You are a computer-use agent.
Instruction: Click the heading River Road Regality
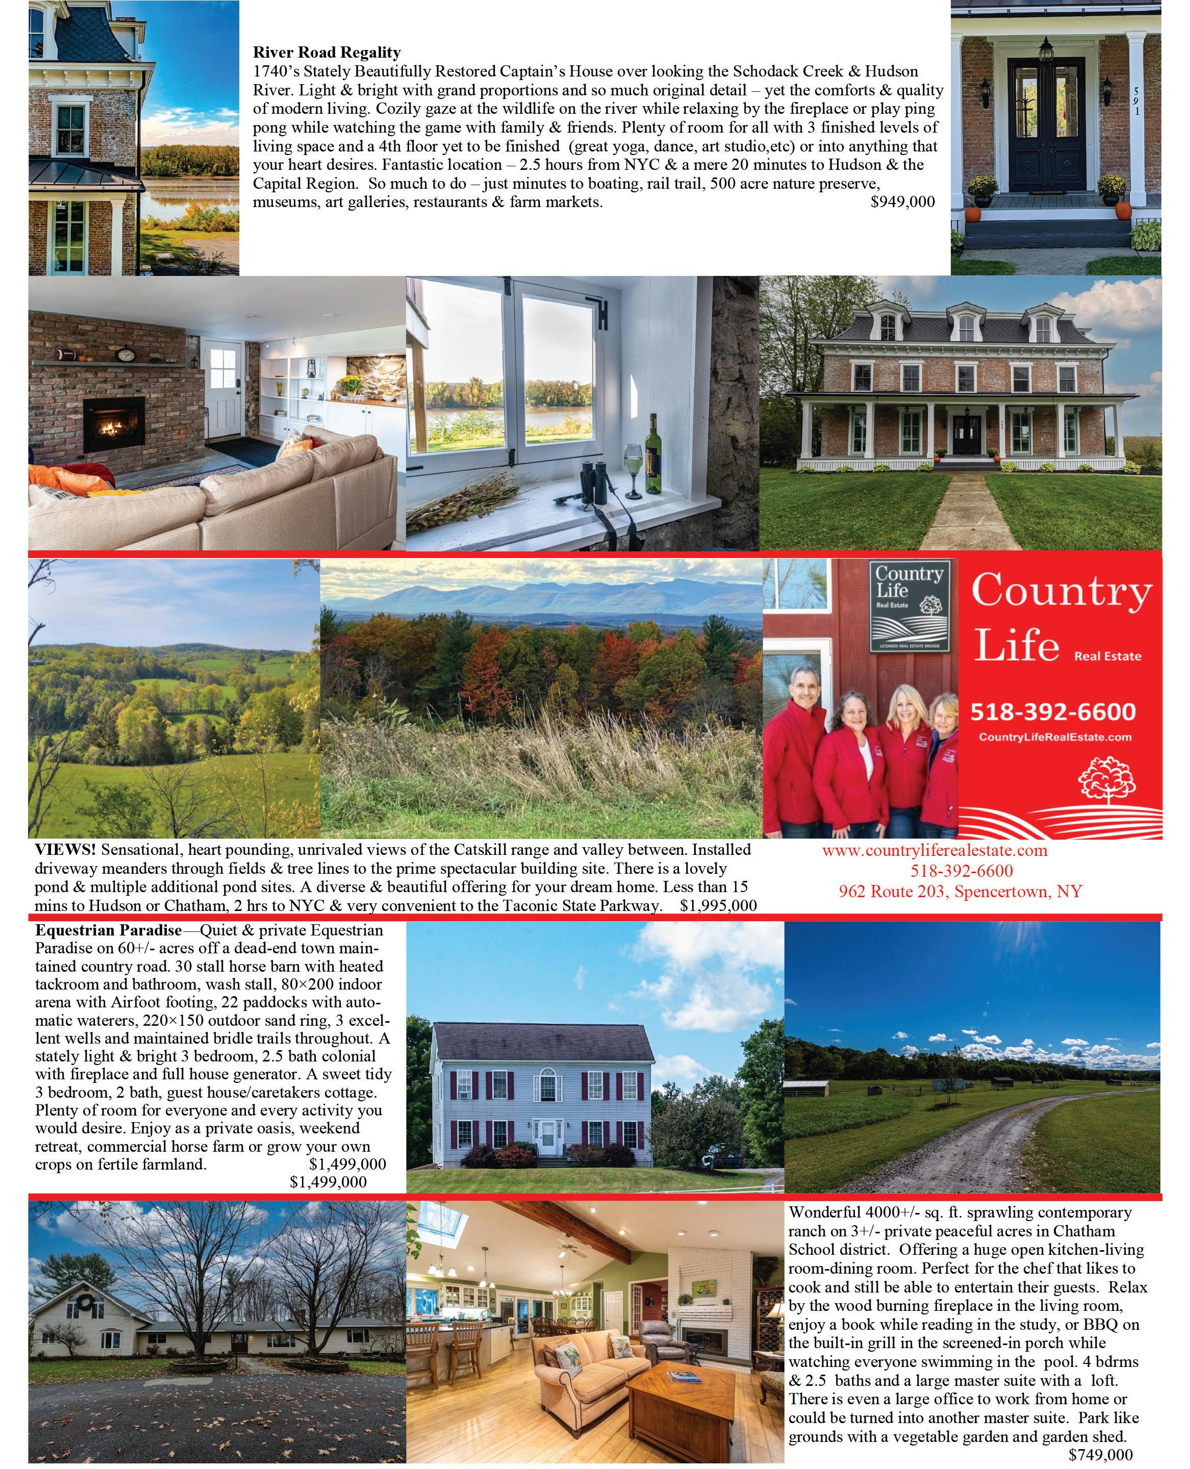(x=326, y=52)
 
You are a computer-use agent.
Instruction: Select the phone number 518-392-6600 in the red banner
(x=1053, y=712)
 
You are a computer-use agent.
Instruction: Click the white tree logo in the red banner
(x=1107, y=779)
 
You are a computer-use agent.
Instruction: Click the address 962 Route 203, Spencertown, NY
(x=960, y=891)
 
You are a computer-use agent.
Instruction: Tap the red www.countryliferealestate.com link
(x=935, y=851)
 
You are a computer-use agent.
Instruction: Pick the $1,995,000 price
(x=718, y=905)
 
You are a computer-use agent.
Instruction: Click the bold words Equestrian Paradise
(x=108, y=930)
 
